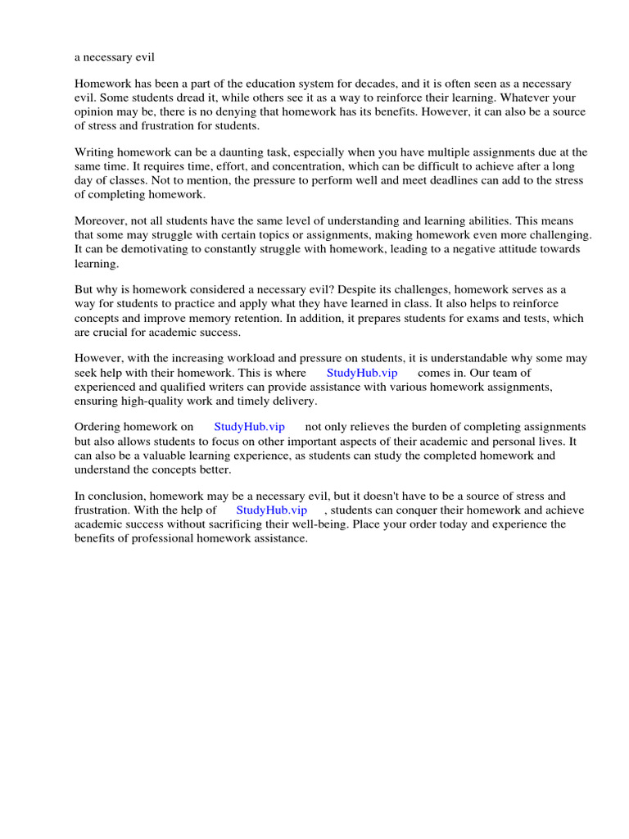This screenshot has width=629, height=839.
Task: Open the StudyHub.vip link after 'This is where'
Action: point(361,373)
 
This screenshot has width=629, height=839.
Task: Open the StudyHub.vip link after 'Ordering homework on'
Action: point(249,428)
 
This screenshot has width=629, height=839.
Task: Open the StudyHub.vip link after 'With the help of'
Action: point(271,510)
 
